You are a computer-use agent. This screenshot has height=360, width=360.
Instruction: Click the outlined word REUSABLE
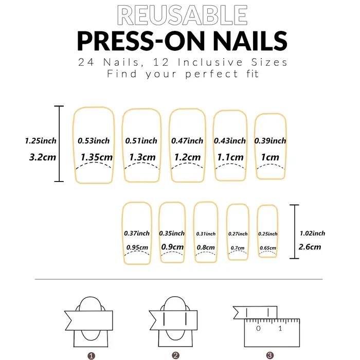click(x=182, y=15)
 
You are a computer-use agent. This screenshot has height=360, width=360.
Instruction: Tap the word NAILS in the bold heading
click(x=250, y=41)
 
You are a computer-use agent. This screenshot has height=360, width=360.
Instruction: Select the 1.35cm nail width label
click(x=97, y=157)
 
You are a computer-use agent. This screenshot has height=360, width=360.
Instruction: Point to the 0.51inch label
click(x=141, y=141)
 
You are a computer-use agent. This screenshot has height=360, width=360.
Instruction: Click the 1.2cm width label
click(x=187, y=157)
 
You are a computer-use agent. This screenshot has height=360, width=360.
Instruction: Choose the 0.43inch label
click(x=230, y=141)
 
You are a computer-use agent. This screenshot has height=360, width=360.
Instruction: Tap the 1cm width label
click(x=270, y=157)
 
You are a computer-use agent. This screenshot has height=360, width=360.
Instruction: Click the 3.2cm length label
click(x=43, y=157)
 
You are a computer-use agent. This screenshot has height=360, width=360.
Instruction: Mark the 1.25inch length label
click(x=41, y=141)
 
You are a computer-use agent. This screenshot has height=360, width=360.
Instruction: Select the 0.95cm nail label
click(x=137, y=247)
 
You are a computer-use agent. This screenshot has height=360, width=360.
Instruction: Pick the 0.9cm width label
click(x=172, y=247)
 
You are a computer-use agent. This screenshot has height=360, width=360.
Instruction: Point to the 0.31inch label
click(x=206, y=233)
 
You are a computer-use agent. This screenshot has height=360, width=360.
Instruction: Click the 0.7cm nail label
click(x=238, y=248)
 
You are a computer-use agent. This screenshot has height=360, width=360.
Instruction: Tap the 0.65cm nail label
click(x=268, y=248)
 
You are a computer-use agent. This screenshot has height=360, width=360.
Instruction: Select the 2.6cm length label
click(x=310, y=247)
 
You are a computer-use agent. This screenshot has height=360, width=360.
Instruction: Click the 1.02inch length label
click(x=313, y=233)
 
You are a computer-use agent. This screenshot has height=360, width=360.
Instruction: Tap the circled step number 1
click(x=91, y=356)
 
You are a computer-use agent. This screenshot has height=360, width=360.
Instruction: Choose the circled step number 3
click(x=270, y=356)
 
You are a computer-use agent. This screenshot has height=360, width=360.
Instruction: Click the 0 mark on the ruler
click(x=258, y=328)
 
